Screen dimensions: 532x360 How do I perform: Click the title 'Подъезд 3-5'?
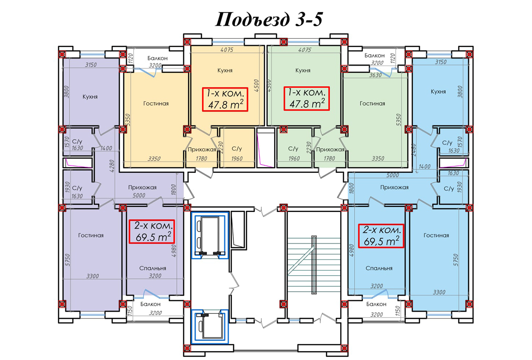pos(269,19)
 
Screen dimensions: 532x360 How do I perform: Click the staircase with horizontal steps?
pos(314,265)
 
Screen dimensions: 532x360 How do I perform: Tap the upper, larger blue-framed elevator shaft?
pos(210,235)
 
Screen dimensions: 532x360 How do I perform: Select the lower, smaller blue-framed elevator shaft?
pos(210,326)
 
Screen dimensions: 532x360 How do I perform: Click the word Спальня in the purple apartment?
pos(153,268)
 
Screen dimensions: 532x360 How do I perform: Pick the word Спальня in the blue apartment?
pos(379,268)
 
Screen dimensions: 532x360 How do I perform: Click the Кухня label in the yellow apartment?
pos(225,71)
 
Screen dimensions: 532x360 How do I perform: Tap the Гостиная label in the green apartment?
pos(372,103)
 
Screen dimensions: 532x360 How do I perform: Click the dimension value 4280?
pos(112,166)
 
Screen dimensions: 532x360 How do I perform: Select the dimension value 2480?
pos(414,150)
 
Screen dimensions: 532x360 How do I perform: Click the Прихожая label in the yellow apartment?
pos(202,149)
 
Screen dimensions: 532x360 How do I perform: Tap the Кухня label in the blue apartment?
pos(438,92)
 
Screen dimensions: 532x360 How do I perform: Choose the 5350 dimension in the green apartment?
pos(398,120)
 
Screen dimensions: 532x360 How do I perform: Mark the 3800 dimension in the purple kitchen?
pos(66,92)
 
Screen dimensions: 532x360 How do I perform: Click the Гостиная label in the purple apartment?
pos(91,235)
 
